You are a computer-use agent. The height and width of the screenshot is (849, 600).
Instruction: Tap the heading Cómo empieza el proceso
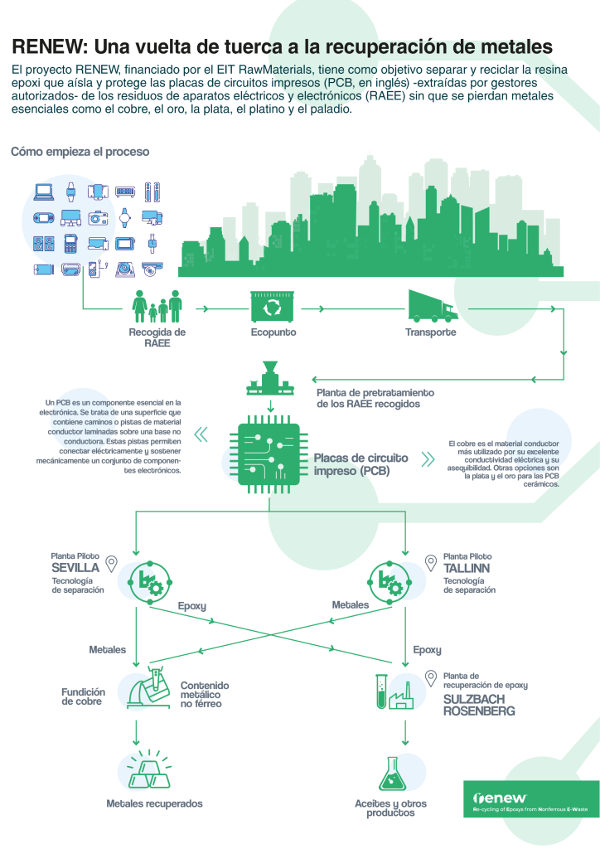point(80,152)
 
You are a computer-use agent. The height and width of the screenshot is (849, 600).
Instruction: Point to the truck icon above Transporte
point(430,306)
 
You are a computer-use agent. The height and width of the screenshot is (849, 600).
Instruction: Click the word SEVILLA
point(75,568)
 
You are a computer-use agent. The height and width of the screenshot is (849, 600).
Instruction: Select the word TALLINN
point(466,568)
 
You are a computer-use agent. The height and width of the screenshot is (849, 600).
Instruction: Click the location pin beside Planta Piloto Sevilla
point(112,564)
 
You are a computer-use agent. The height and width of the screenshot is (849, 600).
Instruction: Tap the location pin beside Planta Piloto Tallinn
point(430,563)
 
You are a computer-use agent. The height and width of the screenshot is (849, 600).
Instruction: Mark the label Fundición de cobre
point(83,696)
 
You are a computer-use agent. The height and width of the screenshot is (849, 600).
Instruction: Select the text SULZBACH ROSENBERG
point(478,705)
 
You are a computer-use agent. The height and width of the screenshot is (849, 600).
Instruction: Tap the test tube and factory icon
point(394,691)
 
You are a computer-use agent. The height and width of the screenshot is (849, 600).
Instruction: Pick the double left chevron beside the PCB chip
point(201,434)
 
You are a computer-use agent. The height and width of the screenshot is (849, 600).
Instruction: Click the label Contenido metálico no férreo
point(205,695)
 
